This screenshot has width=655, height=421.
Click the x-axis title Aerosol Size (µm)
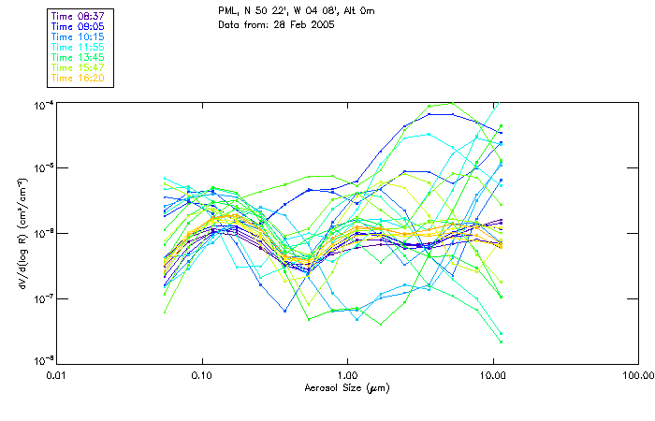347,387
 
